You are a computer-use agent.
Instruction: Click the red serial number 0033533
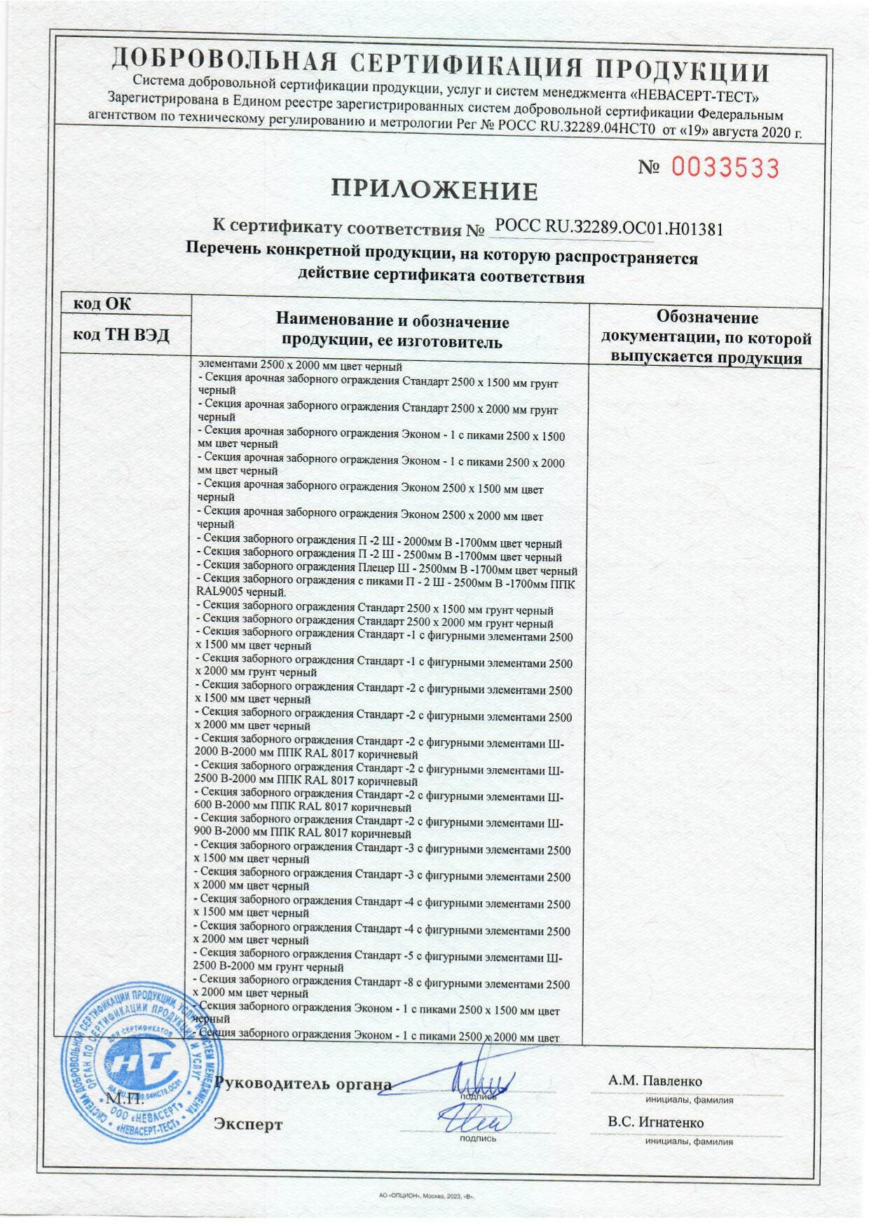point(725,168)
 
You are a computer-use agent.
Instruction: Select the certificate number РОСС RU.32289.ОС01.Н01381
point(608,228)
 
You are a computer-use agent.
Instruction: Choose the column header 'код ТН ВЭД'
point(122,336)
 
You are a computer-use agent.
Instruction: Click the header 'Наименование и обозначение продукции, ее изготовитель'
point(392,332)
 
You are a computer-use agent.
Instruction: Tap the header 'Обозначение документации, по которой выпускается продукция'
point(706,338)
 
